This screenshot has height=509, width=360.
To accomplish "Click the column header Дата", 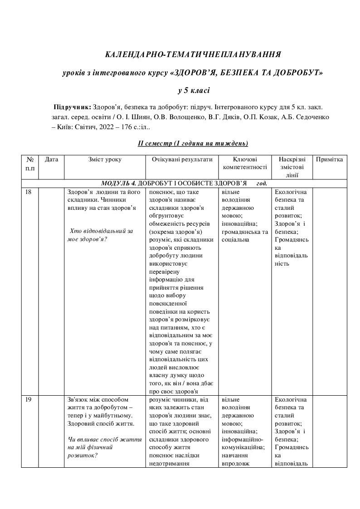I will pos(52,160).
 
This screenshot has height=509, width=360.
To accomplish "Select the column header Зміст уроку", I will pos(105,160).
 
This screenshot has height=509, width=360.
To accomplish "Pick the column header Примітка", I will pos(330,160).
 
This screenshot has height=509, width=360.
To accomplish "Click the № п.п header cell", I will pos(30,164).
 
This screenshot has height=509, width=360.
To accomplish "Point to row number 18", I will pos(28,192).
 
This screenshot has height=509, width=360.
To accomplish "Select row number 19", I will pos(28,399).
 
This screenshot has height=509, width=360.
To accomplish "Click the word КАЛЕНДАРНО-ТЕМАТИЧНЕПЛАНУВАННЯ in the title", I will pos(193,55).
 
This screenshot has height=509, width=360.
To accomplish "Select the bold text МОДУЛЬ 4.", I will pos(119,184).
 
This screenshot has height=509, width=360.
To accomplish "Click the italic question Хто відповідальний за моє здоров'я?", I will pos(99,235).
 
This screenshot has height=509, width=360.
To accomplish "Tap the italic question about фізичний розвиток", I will pos(104,447).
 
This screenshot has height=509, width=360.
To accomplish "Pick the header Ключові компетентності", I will pos(245,163).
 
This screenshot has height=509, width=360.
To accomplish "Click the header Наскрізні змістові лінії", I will pos(292,167).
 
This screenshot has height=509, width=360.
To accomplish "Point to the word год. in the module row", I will pos(262,184).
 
